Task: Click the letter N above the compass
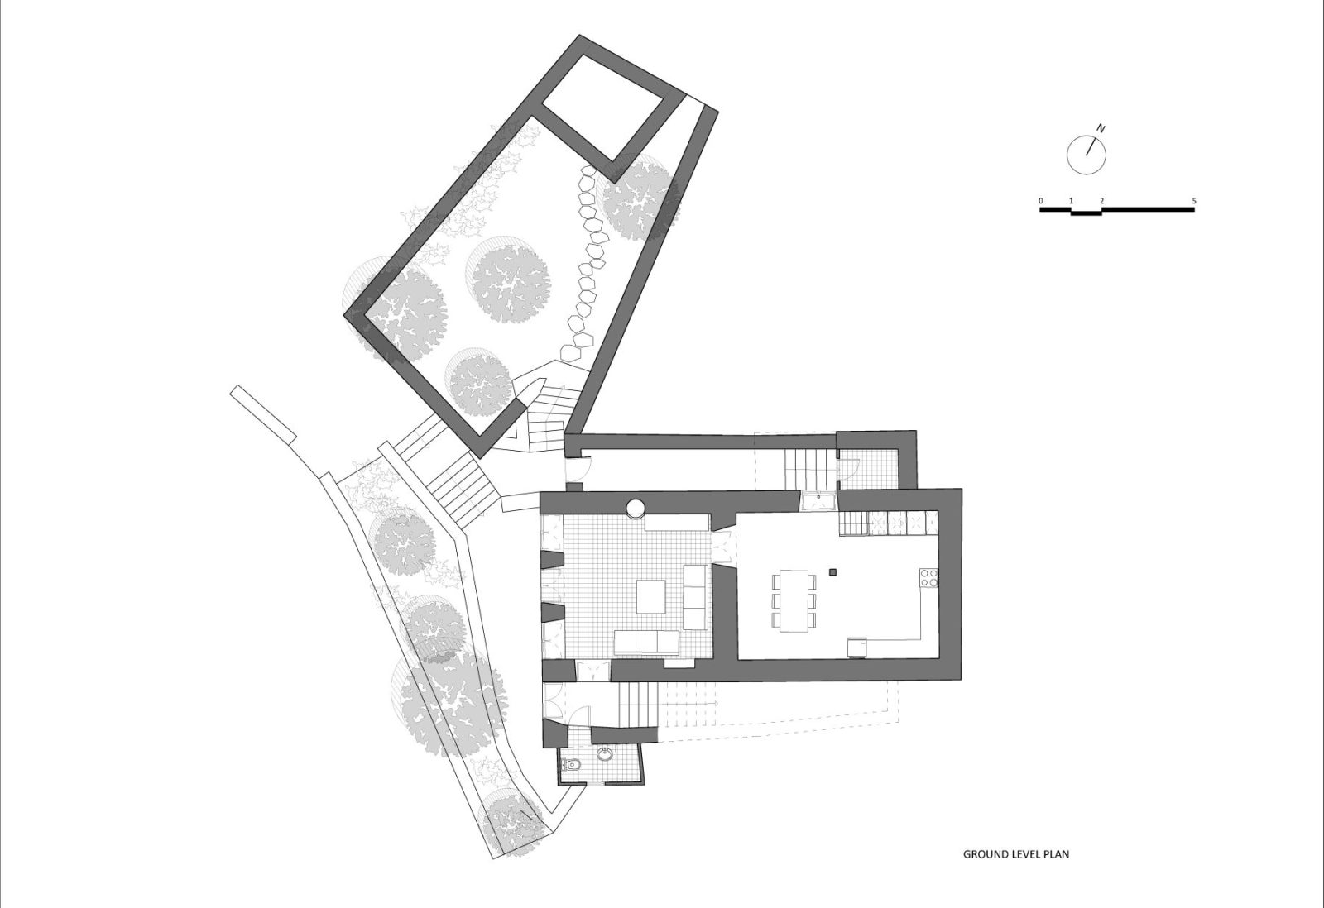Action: click(x=1101, y=127)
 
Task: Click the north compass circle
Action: click(x=1087, y=155)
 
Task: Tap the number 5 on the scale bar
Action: click(x=1194, y=201)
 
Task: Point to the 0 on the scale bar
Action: click(x=1040, y=201)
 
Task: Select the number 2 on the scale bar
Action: click(x=1101, y=201)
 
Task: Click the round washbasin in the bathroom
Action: click(x=605, y=754)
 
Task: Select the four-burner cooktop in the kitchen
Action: click(x=928, y=577)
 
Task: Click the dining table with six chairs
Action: click(x=794, y=601)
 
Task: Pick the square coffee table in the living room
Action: click(x=650, y=596)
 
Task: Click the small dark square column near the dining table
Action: click(x=834, y=571)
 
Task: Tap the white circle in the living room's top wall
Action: click(x=636, y=509)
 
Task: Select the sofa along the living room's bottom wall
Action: click(x=646, y=643)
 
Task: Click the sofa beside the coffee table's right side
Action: click(x=695, y=597)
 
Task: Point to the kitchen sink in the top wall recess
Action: click(x=818, y=502)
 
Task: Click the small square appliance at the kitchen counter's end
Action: click(x=857, y=648)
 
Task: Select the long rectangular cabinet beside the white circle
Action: click(x=677, y=523)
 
